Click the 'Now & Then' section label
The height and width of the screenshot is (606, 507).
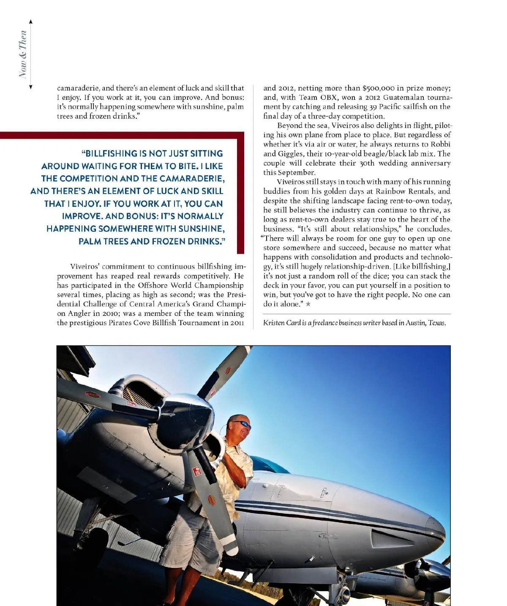(x=23, y=54)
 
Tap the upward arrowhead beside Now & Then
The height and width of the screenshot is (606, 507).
(x=31, y=22)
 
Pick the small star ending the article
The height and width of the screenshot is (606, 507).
(x=308, y=304)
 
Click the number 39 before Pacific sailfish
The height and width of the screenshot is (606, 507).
(x=373, y=107)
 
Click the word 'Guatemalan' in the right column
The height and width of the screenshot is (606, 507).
(x=403, y=98)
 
